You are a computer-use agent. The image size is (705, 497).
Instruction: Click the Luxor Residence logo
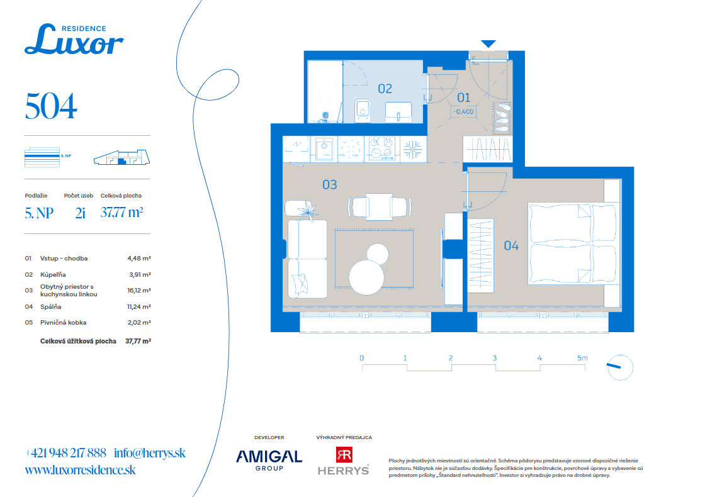click(x=74, y=40)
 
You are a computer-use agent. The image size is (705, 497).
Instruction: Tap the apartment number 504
click(x=51, y=106)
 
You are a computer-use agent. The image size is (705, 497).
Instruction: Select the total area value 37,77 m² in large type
click(x=122, y=212)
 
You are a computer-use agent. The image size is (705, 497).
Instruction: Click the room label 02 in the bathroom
click(x=385, y=89)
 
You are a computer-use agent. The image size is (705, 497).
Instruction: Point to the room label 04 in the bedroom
click(x=511, y=246)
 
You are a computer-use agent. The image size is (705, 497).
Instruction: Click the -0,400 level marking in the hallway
click(x=463, y=111)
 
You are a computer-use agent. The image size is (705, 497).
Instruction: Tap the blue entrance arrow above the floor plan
click(x=488, y=43)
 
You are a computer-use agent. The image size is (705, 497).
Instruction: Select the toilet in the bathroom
click(x=363, y=111)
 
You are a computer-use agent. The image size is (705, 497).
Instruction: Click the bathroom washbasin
click(x=398, y=112)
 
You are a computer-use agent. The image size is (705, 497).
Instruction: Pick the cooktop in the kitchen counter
click(x=381, y=148)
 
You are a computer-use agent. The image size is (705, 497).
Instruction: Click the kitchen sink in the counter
click(x=324, y=148)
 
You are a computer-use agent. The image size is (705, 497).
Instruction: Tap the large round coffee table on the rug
click(x=366, y=277)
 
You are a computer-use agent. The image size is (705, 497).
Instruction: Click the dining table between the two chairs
click(x=379, y=207)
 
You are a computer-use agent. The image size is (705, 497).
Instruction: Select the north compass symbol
click(x=620, y=367)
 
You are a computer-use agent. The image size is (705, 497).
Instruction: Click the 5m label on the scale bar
click(x=582, y=358)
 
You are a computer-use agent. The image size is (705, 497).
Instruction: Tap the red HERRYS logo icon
click(x=344, y=454)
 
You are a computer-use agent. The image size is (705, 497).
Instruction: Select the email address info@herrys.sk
click(x=150, y=453)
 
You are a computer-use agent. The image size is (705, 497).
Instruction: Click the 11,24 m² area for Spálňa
click(x=139, y=307)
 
